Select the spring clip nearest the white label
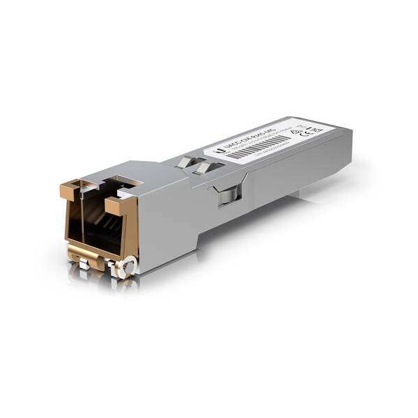point(204,167)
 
